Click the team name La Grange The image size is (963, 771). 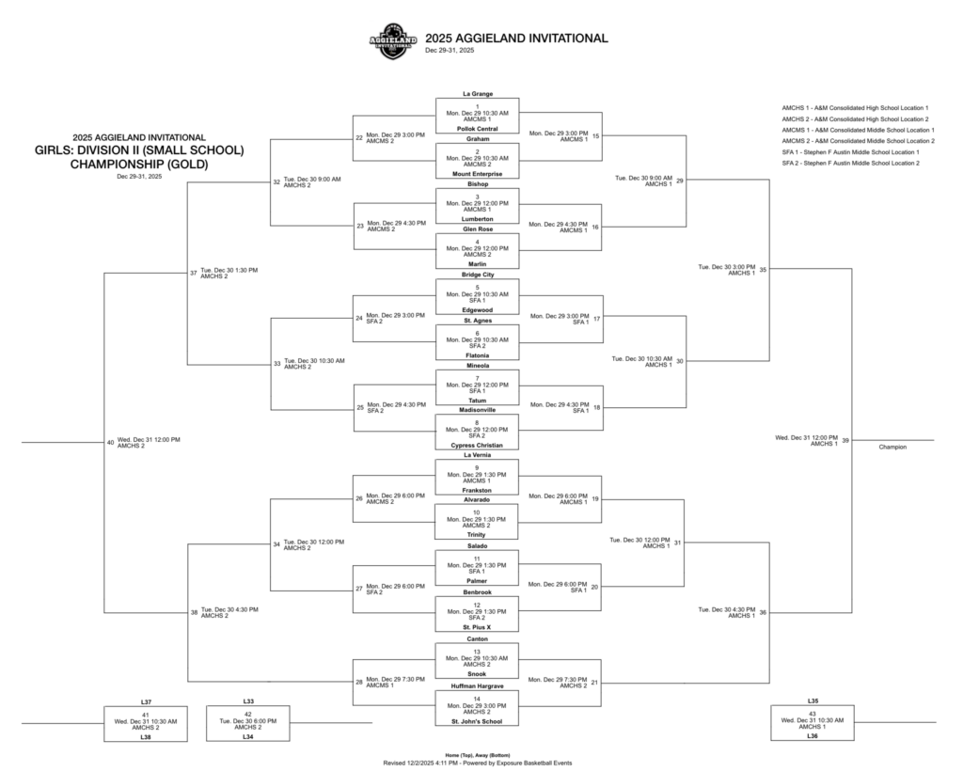pyautogui.click(x=477, y=94)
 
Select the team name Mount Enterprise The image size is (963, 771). pyautogui.click(x=477, y=174)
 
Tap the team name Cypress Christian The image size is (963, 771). pyautogui.click(x=477, y=446)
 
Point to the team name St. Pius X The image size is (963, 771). pyautogui.click(x=477, y=626)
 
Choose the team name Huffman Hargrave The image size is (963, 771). pyautogui.click(x=477, y=686)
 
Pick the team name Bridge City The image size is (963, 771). pyautogui.click(x=477, y=275)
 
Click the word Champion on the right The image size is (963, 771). pyautogui.click(x=892, y=447)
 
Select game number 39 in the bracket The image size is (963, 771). pyautogui.click(x=845, y=440)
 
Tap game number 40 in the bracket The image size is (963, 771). pyautogui.click(x=110, y=442)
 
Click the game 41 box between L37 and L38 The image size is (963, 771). pyautogui.click(x=145, y=720)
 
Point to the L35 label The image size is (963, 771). pyautogui.click(x=813, y=701)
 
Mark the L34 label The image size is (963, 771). pyautogui.click(x=248, y=737)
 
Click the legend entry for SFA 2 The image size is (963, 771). pyautogui.click(x=850, y=164)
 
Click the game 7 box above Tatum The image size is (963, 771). pyautogui.click(x=477, y=385)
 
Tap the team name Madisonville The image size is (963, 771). pyautogui.click(x=477, y=410)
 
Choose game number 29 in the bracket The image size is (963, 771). pyautogui.click(x=680, y=181)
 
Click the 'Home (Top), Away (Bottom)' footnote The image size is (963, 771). pyautogui.click(x=477, y=755)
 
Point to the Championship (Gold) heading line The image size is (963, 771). pyautogui.click(x=139, y=164)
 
